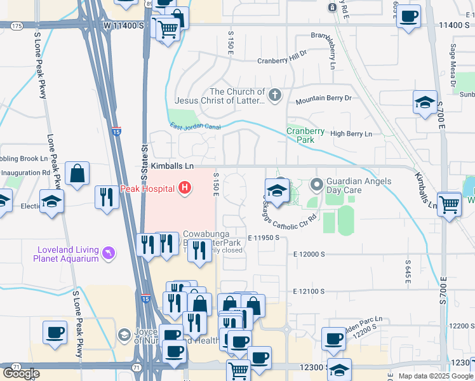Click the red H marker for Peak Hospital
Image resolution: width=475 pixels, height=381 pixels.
[185, 187]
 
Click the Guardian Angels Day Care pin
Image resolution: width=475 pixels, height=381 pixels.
[317, 185]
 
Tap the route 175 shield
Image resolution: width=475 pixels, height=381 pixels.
[17, 25]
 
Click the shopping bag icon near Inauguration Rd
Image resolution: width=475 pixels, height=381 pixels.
[77, 173]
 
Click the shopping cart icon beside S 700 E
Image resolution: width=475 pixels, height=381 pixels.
[450, 204]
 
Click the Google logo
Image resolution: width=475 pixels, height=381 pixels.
[21, 373]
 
